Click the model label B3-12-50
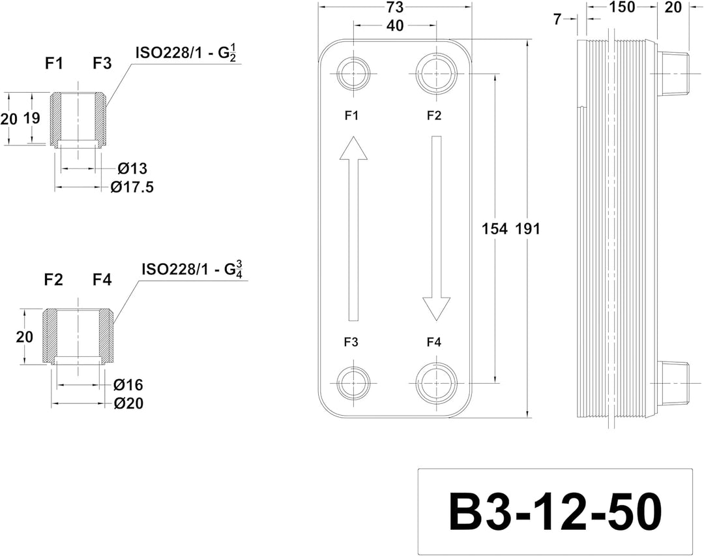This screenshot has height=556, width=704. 555,513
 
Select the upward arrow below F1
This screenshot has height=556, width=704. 353,229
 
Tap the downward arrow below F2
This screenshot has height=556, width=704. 436,229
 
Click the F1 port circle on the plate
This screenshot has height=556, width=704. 353,74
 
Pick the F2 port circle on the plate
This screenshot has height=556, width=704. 436,74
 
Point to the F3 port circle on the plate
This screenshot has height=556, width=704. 353,383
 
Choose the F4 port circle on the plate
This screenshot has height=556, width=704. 436,383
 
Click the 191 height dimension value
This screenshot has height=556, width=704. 527,229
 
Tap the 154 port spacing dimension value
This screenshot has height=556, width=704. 494,229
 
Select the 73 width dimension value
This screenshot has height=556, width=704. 394,7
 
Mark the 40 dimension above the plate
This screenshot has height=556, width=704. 394,25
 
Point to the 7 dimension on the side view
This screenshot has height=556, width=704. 557,20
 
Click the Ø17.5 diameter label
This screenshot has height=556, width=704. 132,187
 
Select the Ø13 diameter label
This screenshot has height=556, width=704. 132,168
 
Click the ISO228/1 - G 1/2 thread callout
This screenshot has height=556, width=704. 186,53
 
